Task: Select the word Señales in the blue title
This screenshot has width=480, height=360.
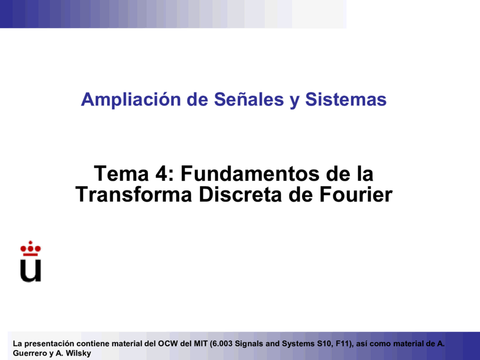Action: pos(249,99)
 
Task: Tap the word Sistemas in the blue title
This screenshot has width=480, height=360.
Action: pos(346,99)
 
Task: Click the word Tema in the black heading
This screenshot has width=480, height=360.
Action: pos(121,174)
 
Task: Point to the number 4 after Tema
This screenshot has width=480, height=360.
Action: pos(160,174)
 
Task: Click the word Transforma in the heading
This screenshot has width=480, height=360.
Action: pos(134,194)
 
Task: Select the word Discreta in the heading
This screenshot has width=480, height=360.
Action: pos(240,194)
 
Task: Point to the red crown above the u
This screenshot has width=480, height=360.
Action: pos(31,248)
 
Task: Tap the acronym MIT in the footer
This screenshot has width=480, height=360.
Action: pos(201,344)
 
